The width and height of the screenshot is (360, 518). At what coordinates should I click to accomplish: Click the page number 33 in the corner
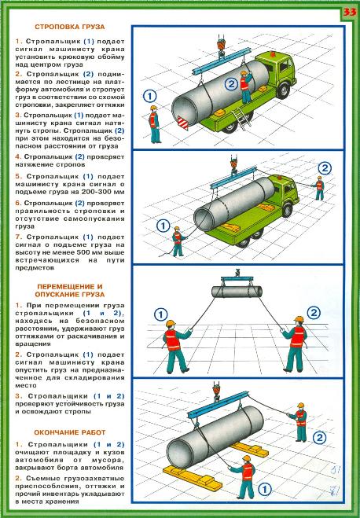pos(350,13)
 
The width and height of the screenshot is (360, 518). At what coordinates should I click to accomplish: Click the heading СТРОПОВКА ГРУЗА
pos(70,27)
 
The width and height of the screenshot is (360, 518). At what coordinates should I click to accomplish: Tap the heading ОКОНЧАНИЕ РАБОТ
pos(70,432)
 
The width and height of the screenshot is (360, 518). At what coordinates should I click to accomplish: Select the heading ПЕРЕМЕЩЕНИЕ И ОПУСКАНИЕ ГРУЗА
pos(70,290)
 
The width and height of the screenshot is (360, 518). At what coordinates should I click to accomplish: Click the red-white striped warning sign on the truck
pos(182,123)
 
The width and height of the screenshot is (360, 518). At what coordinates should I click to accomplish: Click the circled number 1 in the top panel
pos(149,96)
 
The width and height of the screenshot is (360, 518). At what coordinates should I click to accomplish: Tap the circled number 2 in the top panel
pos(231,84)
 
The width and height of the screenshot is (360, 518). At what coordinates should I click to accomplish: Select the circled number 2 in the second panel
pos(325,168)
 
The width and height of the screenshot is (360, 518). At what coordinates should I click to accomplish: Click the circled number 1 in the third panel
pos(161,314)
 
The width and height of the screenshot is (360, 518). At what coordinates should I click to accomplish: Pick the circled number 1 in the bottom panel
pos(264,489)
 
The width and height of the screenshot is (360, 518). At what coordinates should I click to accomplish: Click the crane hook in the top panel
pos(221,47)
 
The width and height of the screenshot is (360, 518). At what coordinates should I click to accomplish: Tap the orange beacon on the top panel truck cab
pos(272,53)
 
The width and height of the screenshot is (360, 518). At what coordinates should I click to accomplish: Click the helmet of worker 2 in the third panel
pos(299,319)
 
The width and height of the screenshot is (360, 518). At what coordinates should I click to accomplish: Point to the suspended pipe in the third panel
pos(237,292)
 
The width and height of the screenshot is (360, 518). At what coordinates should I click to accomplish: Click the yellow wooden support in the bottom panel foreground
pos(193,478)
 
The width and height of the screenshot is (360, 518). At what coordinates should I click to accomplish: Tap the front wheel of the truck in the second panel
pos(287,209)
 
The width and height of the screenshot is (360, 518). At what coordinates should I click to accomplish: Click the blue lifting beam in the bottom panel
pos(218,406)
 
